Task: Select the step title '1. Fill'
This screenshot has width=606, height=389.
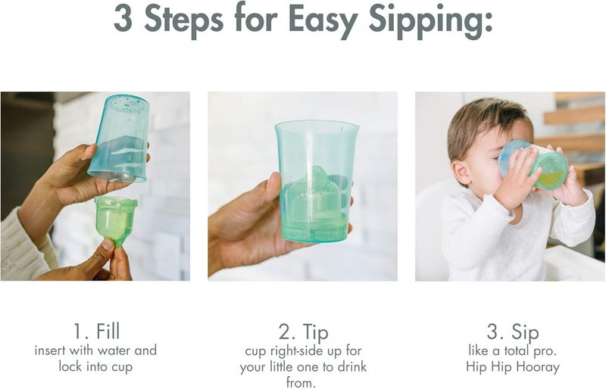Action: point(97,331)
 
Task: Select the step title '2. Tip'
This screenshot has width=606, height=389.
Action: point(303,331)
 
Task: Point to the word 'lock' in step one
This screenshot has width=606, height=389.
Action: point(73,366)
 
